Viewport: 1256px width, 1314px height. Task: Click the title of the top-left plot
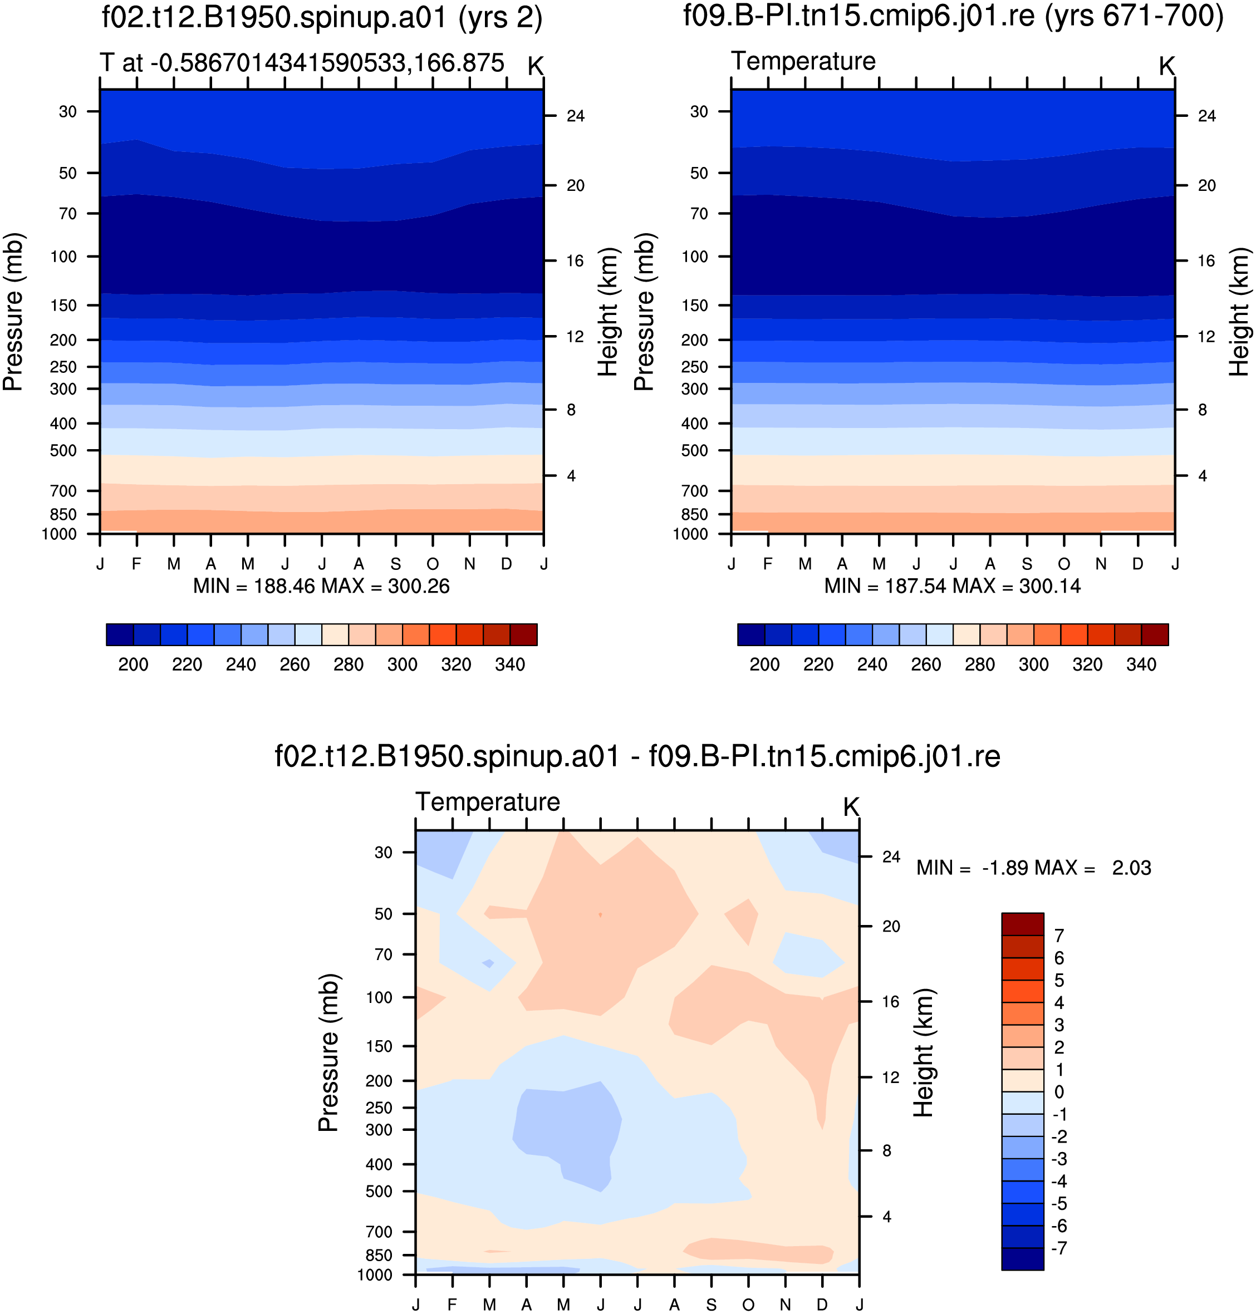tap(322, 17)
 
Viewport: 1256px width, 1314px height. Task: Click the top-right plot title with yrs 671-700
tap(953, 16)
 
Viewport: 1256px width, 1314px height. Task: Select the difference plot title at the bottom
tap(637, 756)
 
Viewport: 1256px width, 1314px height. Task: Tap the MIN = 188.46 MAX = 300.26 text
tap(321, 587)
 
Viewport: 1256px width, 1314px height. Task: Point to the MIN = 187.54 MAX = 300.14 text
tap(953, 587)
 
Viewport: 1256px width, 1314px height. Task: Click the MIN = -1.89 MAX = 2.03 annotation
tap(1034, 868)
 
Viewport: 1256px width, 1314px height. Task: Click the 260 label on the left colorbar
tap(295, 665)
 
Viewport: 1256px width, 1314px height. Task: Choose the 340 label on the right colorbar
tap(1141, 665)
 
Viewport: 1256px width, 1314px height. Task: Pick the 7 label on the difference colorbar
tap(1059, 936)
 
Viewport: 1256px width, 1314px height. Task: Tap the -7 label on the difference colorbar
tap(1059, 1248)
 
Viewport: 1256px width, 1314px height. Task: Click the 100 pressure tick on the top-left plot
tap(63, 257)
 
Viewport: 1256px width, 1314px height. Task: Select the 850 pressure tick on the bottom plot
tap(379, 1255)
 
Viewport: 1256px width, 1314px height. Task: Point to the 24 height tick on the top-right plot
tap(1207, 116)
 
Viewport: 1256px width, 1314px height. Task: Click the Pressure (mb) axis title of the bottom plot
tap(328, 1052)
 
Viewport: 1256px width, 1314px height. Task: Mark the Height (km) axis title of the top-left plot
tap(608, 312)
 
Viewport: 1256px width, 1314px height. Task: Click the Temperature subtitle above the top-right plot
tap(803, 61)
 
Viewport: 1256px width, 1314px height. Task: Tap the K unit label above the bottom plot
tap(851, 808)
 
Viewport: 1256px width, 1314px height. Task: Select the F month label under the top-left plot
tap(136, 564)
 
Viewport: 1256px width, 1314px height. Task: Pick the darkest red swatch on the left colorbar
tap(523, 634)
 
